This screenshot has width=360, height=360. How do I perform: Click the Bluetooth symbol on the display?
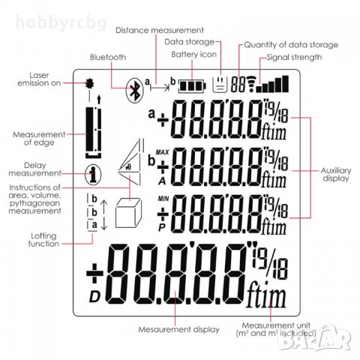click(135, 90)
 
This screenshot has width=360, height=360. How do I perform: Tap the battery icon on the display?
click(192, 86)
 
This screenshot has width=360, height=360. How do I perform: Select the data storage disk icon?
click(220, 84)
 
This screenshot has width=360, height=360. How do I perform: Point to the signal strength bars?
click(273, 84)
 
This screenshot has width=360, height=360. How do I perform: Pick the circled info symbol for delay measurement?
click(93, 174)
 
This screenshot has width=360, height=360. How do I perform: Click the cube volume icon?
click(128, 213)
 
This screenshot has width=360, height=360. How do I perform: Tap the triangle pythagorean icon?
click(130, 163)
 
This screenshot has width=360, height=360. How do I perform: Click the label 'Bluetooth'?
click(108, 57)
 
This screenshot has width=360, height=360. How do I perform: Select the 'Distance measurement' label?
click(160, 31)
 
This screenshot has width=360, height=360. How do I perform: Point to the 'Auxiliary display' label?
click(336, 174)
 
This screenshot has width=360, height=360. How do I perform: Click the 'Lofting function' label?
click(43, 239)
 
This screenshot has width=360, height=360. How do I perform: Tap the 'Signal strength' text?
click(294, 57)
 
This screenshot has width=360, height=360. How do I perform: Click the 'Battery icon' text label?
click(193, 54)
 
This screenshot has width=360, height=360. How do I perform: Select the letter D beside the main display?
click(94, 297)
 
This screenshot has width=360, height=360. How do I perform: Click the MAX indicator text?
click(162, 152)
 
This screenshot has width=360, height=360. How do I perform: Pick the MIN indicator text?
click(163, 199)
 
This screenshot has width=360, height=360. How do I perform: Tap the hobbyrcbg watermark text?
click(61, 22)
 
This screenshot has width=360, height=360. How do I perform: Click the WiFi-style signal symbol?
click(251, 84)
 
